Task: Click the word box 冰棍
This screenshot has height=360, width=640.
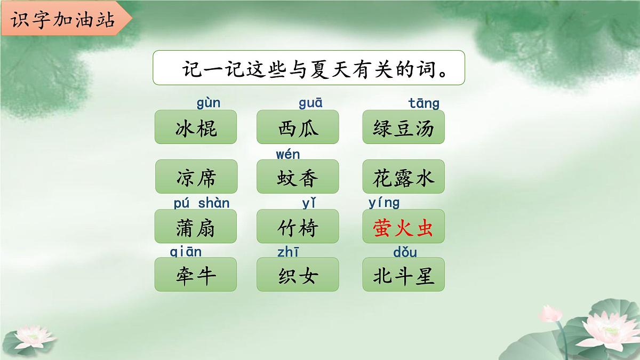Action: [196, 127]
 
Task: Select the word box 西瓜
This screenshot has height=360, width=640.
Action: [298, 127]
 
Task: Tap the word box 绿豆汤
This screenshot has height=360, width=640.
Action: [403, 127]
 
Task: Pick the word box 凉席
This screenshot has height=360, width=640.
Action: [196, 177]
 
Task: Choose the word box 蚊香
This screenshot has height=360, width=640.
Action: [298, 177]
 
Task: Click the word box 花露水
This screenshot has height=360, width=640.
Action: [403, 177]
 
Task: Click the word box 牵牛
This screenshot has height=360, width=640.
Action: [196, 275]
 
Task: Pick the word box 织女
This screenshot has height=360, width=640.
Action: [298, 275]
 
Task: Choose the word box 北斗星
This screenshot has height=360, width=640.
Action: [403, 275]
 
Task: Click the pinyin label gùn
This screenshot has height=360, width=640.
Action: [209, 103]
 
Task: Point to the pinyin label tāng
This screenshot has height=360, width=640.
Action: [424, 103]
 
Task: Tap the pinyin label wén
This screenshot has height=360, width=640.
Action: [288, 155]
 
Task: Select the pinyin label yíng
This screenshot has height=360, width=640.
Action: [384, 203]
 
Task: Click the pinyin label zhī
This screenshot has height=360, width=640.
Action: [289, 252]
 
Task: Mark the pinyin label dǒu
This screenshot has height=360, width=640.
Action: [405, 252]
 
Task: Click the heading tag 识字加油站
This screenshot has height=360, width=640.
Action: [62, 20]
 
